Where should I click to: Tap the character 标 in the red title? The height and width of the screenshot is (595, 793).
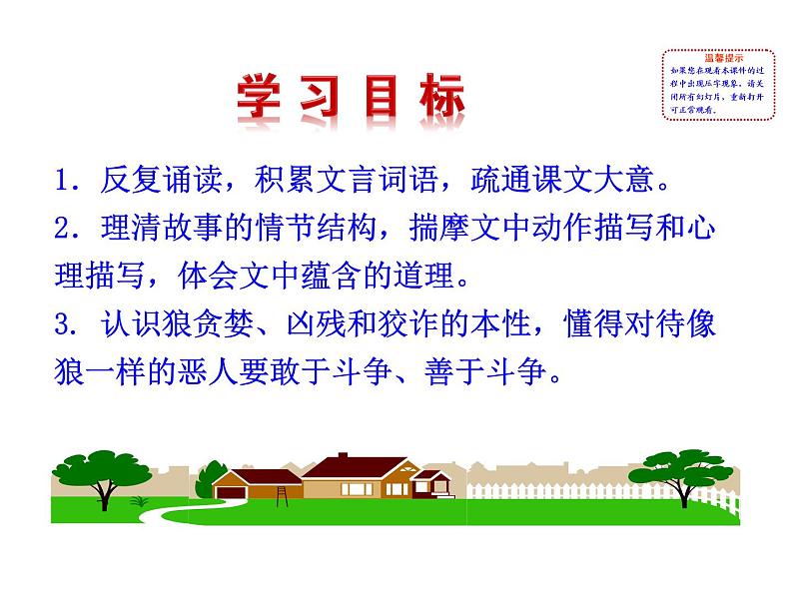click(x=438, y=101)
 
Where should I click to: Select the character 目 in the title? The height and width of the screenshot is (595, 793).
click(x=381, y=101)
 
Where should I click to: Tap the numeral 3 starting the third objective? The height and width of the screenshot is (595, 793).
click(x=64, y=326)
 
